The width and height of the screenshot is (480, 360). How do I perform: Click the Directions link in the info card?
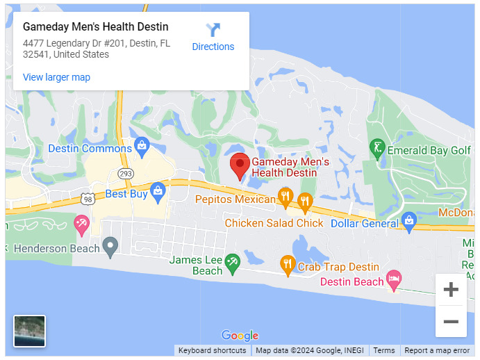213,38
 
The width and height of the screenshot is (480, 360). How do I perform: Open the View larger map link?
56,77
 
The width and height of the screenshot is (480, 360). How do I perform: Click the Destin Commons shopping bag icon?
142,147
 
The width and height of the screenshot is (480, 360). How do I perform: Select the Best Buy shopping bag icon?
158,192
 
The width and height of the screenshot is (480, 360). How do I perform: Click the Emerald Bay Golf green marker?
376,148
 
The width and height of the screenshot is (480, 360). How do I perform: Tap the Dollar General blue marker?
409,222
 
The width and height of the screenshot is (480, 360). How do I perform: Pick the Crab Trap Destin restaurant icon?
288,265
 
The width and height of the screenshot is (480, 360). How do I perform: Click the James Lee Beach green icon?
233,262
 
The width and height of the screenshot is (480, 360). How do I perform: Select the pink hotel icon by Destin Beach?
394,280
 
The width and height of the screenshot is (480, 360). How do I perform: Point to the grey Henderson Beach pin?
110,245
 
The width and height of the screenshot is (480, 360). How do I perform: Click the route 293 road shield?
125,173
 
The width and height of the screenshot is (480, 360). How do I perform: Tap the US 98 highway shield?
87,199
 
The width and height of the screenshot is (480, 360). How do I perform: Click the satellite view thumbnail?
30,331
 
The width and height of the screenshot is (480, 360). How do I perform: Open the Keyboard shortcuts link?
212,351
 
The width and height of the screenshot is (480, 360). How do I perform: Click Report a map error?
437,351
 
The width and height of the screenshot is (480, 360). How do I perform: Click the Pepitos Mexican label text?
235,199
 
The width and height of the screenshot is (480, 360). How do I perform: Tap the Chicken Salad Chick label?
274,223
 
